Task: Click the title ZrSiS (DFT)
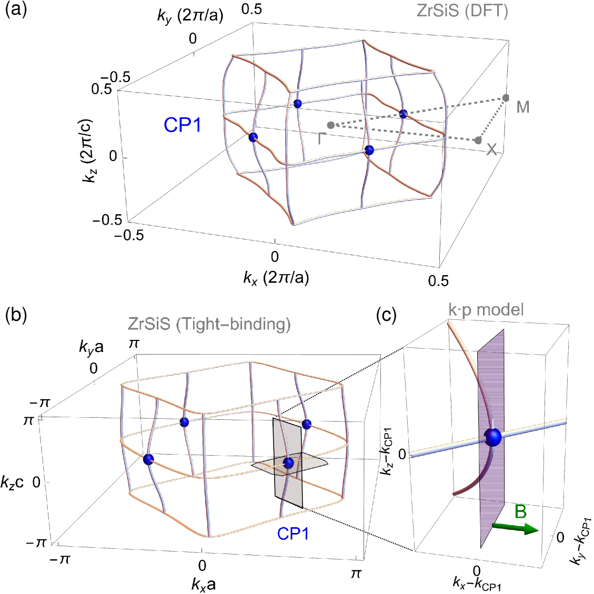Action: click(462, 11)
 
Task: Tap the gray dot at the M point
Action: click(506, 98)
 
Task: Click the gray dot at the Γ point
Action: click(330, 125)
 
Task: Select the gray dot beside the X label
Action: click(478, 140)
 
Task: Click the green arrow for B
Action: click(515, 528)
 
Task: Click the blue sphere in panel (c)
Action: click(493, 437)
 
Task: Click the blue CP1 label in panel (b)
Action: click(293, 533)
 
